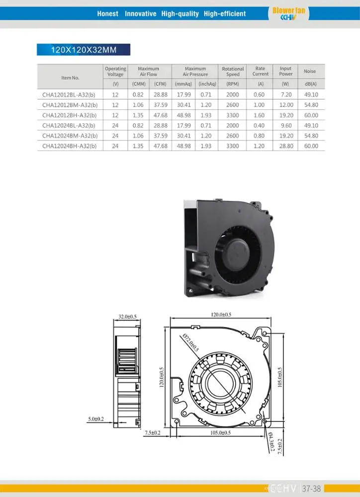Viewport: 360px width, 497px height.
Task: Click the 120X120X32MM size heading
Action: [83, 50]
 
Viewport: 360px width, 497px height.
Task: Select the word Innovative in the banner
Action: [140, 13]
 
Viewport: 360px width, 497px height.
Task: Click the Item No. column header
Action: [70, 78]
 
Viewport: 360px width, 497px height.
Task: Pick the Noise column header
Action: [310, 72]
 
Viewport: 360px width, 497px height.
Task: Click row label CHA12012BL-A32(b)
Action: [70, 94]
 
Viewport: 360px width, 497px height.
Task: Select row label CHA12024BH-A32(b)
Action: [70, 146]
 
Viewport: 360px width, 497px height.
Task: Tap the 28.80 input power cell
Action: [285, 146]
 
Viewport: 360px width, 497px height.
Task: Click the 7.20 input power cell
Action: [285, 94]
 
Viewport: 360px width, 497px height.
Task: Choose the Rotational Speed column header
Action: [233, 72]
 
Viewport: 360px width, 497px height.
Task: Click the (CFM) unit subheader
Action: [160, 84]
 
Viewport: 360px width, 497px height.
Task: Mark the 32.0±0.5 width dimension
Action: [127, 316]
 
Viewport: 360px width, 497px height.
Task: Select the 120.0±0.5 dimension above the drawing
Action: [221, 315]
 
